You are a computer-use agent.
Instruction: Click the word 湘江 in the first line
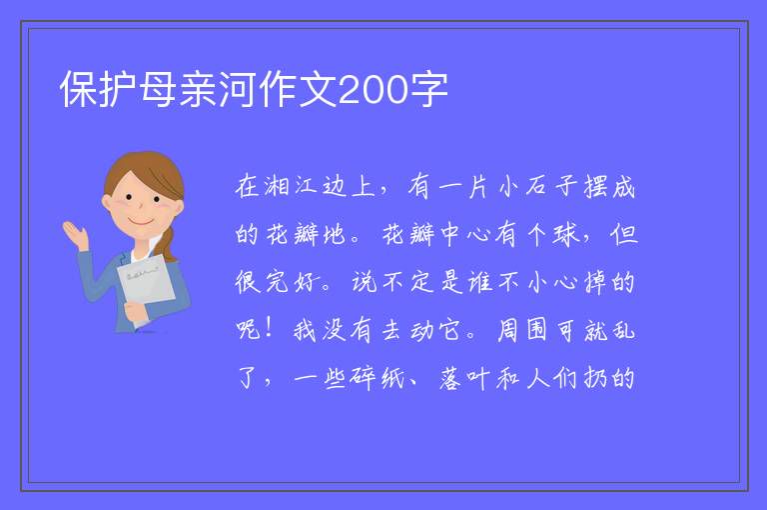tap(291, 187)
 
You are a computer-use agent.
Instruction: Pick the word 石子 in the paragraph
tap(550, 187)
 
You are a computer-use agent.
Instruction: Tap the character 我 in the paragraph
tap(306, 330)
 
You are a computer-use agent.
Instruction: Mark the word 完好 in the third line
tap(291, 282)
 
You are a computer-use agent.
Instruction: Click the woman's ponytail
tap(168, 243)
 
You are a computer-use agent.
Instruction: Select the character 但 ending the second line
tap(623, 234)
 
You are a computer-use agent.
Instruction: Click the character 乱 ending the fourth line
tap(623, 330)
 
